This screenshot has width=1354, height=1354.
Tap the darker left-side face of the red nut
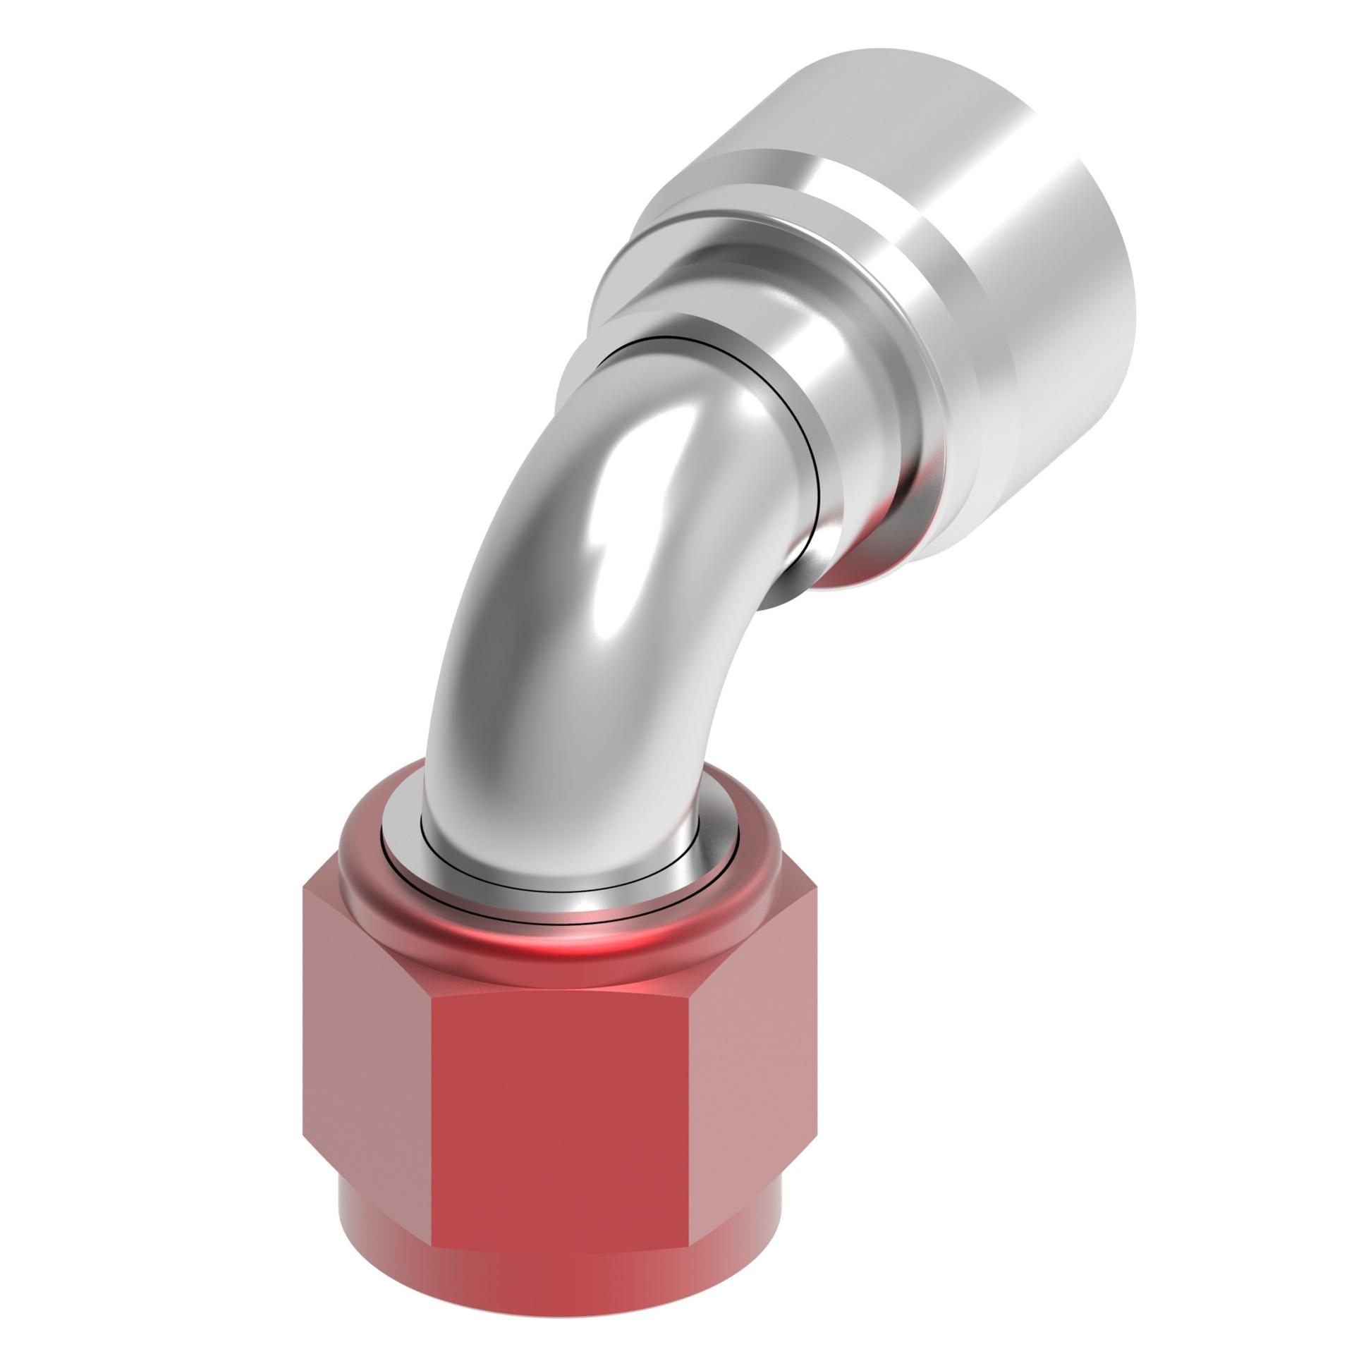[367, 1044]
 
